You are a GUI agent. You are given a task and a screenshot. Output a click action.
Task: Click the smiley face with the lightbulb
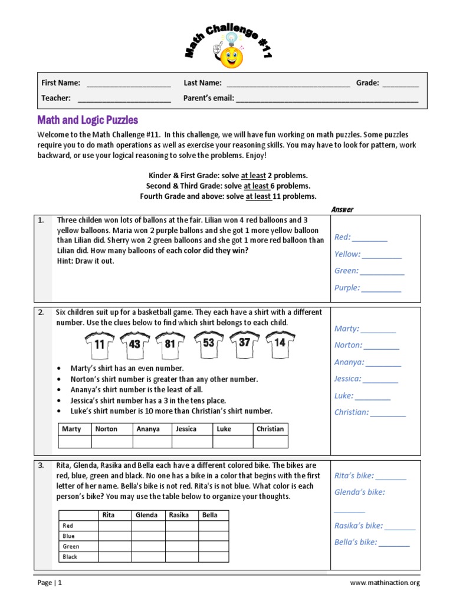coord(231,55)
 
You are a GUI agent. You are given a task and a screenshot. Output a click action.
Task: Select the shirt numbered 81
coord(170,344)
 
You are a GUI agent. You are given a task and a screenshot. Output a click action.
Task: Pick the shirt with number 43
coord(134,344)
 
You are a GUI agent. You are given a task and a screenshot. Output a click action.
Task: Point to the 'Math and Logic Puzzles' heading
coord(88,120)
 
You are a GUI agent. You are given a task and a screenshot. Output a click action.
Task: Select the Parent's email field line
coord(327,99)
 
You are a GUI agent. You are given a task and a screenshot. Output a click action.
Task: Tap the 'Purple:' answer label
coord(347,288)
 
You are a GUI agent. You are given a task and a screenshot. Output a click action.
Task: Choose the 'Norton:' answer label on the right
coord(349,346)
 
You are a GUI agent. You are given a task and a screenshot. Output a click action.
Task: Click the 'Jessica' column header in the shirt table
coord(186,429)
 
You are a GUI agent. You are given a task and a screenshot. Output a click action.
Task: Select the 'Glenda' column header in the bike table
coord(147,515)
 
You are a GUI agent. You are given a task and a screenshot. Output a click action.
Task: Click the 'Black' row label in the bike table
coord(70,557)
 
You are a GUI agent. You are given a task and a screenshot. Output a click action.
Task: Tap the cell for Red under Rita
coord(114,526)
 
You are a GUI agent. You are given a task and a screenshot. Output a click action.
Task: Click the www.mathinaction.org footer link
coord(385,583)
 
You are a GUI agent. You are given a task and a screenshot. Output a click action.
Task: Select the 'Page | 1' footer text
coord(50,583)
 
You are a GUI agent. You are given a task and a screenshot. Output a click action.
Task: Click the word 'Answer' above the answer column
coord(342,209)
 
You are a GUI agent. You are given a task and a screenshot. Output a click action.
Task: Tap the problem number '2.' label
coord(42,312)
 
